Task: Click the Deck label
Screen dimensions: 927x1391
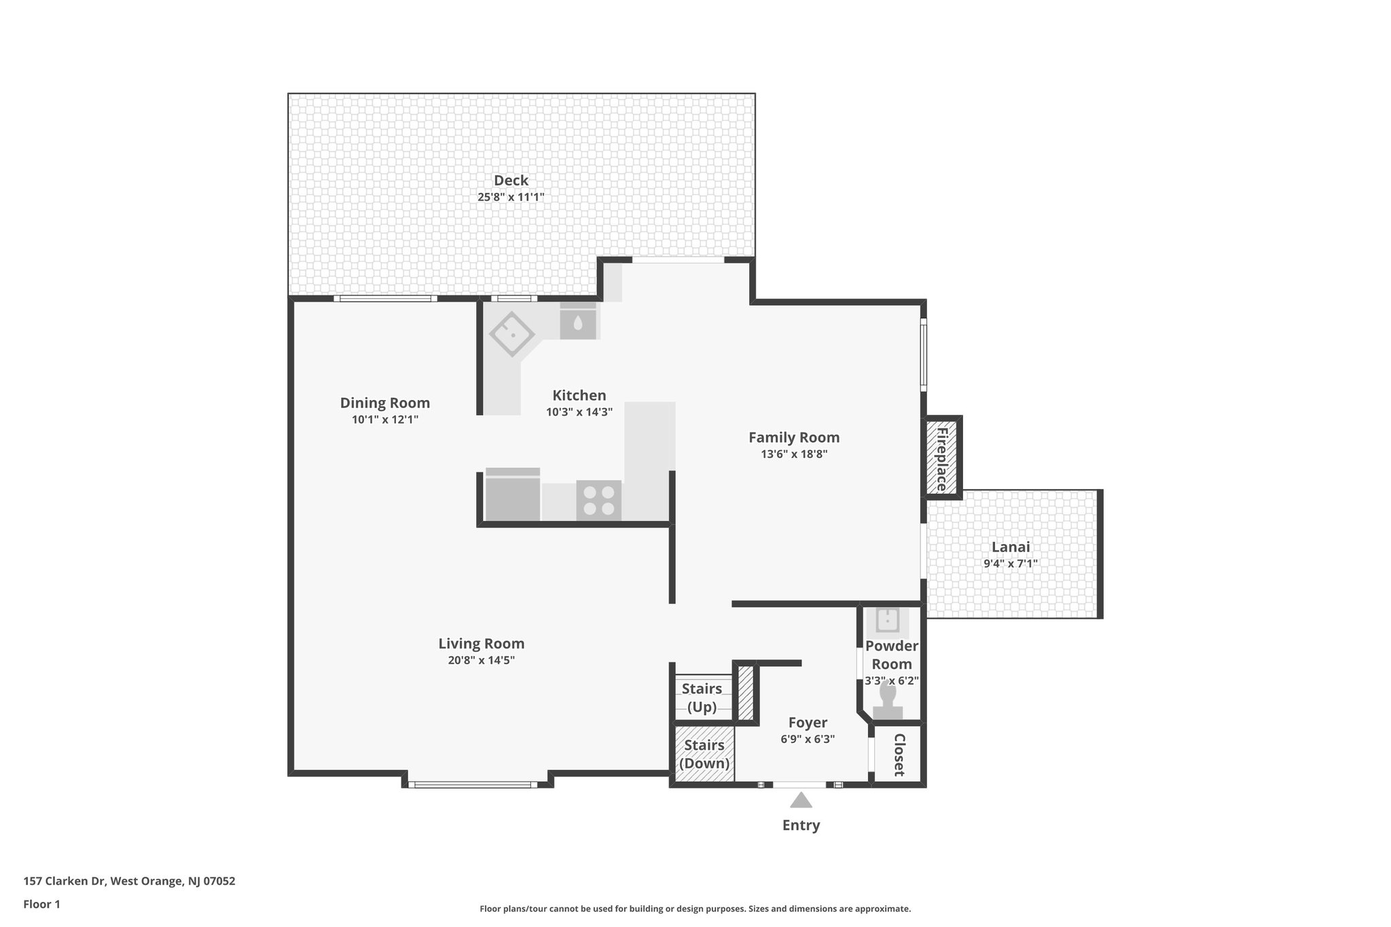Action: (511, 181)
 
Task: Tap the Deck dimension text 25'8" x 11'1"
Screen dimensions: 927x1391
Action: (511, 198)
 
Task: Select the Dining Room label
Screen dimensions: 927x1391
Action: (384, 403)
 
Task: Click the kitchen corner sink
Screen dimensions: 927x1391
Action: (511, 333)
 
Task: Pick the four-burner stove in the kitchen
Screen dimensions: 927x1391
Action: (598, 501)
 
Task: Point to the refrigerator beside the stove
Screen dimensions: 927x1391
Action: (513, 496)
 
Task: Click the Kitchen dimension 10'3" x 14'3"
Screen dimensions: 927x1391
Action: (579, 412)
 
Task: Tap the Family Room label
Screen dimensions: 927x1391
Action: (794, 437)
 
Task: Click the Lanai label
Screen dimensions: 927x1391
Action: (1011, 547)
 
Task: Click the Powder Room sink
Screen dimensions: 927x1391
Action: (888, 620)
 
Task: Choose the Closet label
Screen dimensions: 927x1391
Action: (899, 755)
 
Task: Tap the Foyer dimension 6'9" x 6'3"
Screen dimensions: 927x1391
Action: (808, 740)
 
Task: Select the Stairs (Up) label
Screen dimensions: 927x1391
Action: (702, 698)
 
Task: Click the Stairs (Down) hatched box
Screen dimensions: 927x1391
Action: (704, 754)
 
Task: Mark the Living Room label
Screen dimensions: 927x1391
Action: (481, 643)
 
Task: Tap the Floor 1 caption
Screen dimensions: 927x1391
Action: (42, 904)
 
